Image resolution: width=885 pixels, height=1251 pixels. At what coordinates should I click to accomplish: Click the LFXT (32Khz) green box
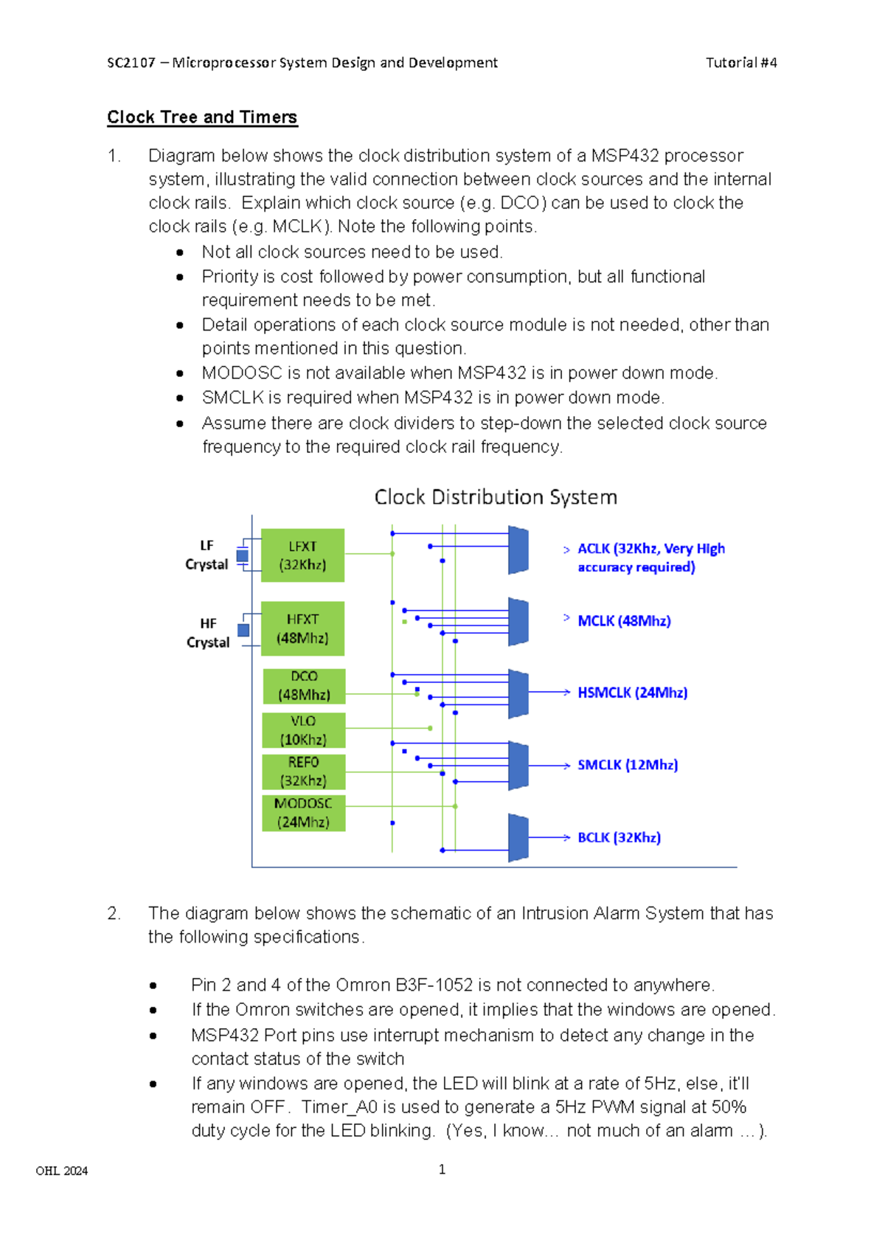click(302, 555)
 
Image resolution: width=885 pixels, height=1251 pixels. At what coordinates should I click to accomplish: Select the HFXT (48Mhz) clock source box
click(302, 628)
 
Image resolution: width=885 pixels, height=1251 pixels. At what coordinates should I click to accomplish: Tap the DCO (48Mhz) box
click(304, 686)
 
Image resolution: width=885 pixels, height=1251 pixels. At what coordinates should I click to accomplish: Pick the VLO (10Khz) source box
click(303, 730)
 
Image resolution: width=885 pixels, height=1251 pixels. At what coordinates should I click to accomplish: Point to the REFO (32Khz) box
click(303, 772)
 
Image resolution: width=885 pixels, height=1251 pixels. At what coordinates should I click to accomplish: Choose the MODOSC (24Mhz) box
click(303, 813)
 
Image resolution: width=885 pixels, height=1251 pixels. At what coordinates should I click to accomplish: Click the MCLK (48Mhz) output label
click(624, 621)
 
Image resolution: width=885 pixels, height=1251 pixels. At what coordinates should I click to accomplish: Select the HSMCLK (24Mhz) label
click(632, 693)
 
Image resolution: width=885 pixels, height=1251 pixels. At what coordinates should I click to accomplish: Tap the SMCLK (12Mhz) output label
click(628, 765)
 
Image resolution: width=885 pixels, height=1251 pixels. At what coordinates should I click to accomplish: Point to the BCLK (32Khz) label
click(619, 838)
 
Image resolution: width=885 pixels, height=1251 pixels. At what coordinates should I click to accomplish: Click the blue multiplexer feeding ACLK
click(518, 550)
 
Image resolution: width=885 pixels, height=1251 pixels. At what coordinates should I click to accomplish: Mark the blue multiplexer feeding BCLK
click(518, 838)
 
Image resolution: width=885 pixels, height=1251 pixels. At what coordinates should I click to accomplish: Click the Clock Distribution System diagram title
click(496, 497)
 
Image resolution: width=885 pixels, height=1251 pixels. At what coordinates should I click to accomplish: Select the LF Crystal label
click(206, 555)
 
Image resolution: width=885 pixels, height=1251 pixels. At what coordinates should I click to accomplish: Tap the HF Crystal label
click(208, 633)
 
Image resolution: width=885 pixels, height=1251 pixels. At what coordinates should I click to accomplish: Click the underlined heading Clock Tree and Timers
click(202, 117)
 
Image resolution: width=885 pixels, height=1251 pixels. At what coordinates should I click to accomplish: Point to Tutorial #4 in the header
click(741, 63)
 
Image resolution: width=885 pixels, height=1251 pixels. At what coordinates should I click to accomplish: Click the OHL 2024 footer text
click(62, 1171)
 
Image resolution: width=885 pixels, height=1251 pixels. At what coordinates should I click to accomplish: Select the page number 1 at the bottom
click(442, 1169)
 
